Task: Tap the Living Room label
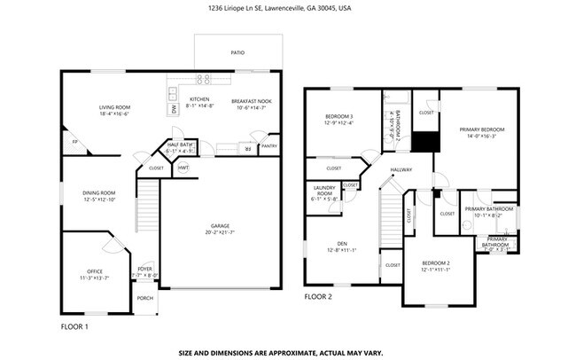114,110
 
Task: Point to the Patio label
237,53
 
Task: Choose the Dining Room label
99,195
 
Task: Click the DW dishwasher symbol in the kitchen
174,109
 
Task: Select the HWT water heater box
183,168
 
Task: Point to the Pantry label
269,146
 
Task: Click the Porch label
144,298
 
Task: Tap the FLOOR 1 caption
74,327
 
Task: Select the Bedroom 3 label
339,119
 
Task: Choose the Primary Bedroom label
479,132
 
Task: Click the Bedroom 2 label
436,266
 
